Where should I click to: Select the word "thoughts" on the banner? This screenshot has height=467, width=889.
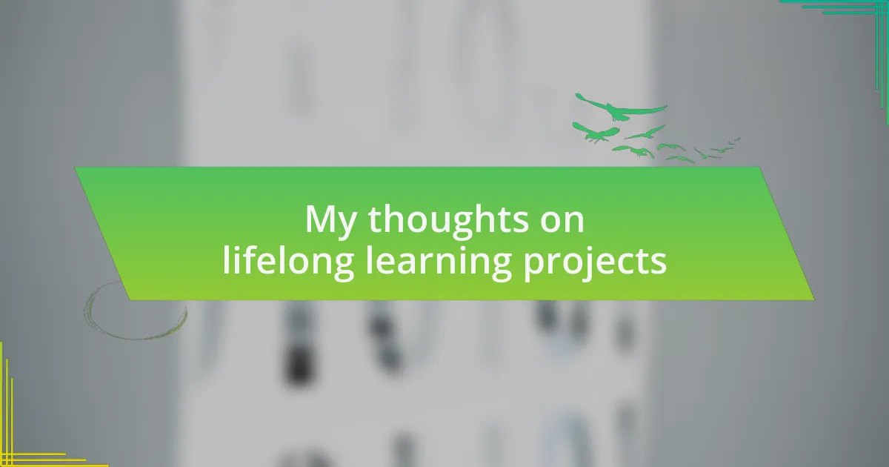click(x=448, y=220)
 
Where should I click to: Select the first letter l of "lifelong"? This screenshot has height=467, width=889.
click(x=226, y=259)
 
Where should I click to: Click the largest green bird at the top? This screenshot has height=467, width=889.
click(x=621, y=107)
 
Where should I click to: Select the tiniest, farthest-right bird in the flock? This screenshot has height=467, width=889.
click(x=737, y=139)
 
